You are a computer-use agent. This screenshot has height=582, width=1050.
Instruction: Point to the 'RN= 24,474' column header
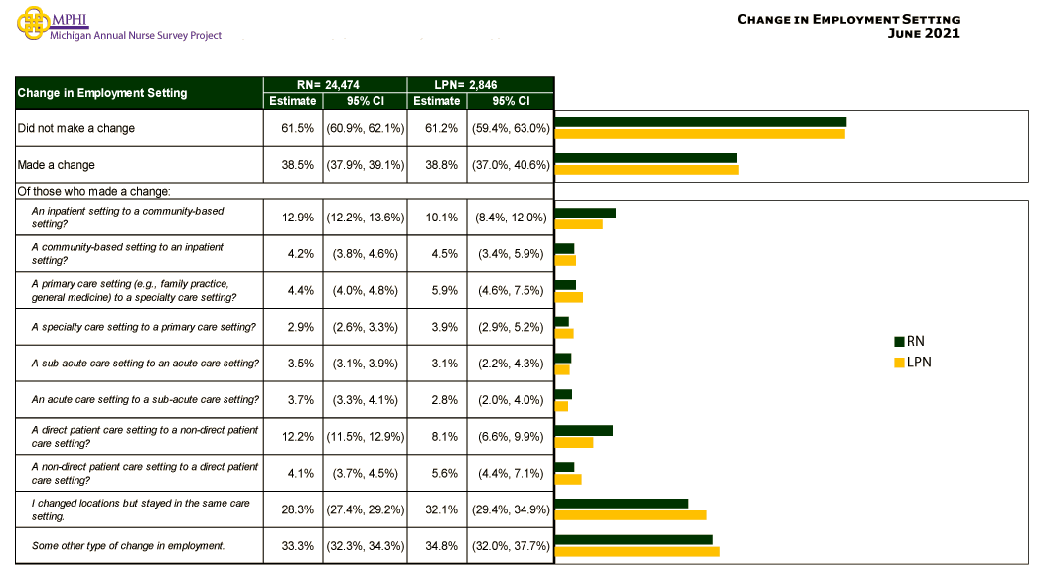(334, 85)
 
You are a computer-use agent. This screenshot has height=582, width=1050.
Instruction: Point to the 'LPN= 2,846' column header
(480, 85)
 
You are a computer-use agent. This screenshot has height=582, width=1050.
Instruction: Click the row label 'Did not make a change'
(76, 128)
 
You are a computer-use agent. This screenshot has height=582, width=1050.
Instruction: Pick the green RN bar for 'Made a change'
(646, 158)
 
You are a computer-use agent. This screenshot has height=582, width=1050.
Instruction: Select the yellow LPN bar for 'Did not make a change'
(700, 133)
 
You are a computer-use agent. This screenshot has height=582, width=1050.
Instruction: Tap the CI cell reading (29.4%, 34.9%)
(510, 509)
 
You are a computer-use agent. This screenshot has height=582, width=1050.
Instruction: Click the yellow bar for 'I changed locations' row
(631, 515)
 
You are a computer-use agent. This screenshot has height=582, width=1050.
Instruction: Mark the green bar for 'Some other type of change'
(634, 540)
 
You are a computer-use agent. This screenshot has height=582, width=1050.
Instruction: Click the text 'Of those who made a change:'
(94, 191)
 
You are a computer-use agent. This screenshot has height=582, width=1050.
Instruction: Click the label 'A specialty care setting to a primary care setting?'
(144, 327)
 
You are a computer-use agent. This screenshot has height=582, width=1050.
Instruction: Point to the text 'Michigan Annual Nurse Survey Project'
(136, 36)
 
